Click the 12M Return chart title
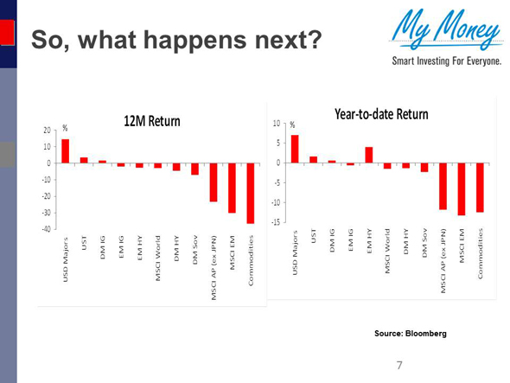[152, 120]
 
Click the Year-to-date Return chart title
[381, 113]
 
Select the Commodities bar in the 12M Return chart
[251, 193]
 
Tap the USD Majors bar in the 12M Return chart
[65, 151]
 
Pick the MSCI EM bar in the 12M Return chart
[232, 188]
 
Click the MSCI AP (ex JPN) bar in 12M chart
[213, 182]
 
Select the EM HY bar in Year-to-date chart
[369, 155]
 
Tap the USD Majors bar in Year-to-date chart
[295, 149]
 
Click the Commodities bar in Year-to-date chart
[480, 188]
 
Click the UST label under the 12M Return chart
[84, 246]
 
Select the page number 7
[399, 365]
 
